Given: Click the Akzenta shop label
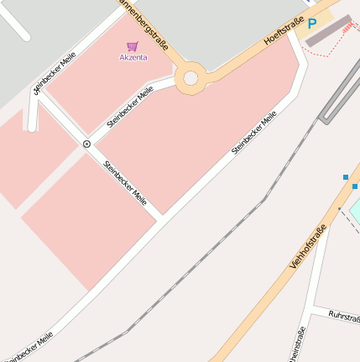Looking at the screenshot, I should click(133, 57).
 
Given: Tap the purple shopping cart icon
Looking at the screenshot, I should click(132, 46).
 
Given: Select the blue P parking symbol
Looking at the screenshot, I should click(312, 24).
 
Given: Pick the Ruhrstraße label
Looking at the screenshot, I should click(344, 317).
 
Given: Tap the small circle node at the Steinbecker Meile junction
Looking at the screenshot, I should click(86, 144).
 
